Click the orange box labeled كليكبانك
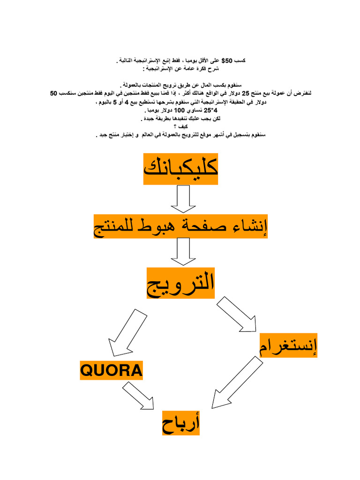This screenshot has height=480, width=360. (181, 169)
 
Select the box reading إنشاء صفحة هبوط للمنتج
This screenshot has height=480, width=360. (181, 226)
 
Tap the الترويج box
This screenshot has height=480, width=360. (181, 283)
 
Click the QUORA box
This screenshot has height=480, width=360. (111, 370)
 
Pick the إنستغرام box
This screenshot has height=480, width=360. (288, 345)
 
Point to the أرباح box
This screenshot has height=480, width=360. (181, 422)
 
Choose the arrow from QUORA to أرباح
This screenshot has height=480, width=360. (139, 396)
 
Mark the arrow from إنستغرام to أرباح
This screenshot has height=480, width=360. (236, 382)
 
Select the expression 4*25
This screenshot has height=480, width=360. (213, 111)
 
